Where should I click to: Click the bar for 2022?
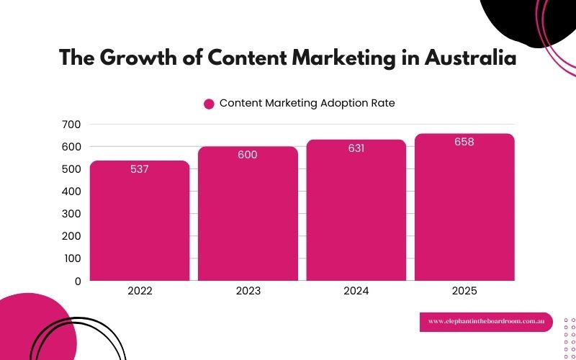tap(140, 223)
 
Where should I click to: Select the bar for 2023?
tap(248, 216)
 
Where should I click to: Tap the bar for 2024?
tap(356, 212)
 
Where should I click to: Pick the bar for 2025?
tap(464, 209)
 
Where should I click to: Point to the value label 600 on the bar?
tap(248, 155)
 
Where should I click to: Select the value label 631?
tap(356, 148)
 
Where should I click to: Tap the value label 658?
tap(464, 142)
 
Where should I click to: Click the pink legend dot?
tap(209, 104)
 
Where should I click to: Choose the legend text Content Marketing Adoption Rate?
tap(307, 103)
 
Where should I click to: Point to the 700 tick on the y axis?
tap(71, 125)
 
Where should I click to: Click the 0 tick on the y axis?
tap(77, 281)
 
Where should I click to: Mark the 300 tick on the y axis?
tap(71, 214)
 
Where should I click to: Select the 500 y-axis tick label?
tap(71, 169)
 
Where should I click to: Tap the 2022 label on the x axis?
tap(140, 292)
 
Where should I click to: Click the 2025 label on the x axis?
tap(464, 292)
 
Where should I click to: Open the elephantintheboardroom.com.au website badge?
tap(486, 322)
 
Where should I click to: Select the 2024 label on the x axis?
tap(356, 292)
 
